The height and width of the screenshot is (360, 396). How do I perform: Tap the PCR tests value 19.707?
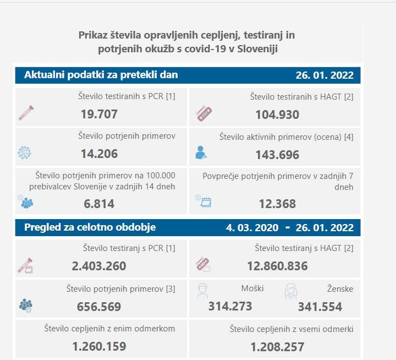(x=99, y=114)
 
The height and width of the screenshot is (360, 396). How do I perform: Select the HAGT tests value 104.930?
(x=277, y=114)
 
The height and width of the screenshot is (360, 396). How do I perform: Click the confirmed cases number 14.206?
(x=99, y=154)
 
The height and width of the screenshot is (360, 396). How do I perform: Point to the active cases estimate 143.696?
(x=277, y=155)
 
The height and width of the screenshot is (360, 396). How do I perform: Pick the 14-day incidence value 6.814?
(x=99, y=204)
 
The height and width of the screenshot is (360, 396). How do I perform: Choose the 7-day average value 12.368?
(x=277, y=204)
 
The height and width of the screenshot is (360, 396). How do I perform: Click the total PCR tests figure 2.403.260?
(x=99, y=266)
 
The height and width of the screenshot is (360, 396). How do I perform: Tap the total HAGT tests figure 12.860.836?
(x=277, y=266)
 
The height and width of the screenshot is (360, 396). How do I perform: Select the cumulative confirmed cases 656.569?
(x=99, y=306)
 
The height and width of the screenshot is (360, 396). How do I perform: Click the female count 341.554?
(x=320, y=306)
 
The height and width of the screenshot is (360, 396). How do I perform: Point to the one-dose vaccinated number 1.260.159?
(x=99, y=346)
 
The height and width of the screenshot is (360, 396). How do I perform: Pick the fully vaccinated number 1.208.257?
(x=277, y=347)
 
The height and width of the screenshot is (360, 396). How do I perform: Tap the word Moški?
(x=252, y=288)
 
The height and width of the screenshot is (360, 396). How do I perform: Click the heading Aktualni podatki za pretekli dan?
(x=101, y=75)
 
